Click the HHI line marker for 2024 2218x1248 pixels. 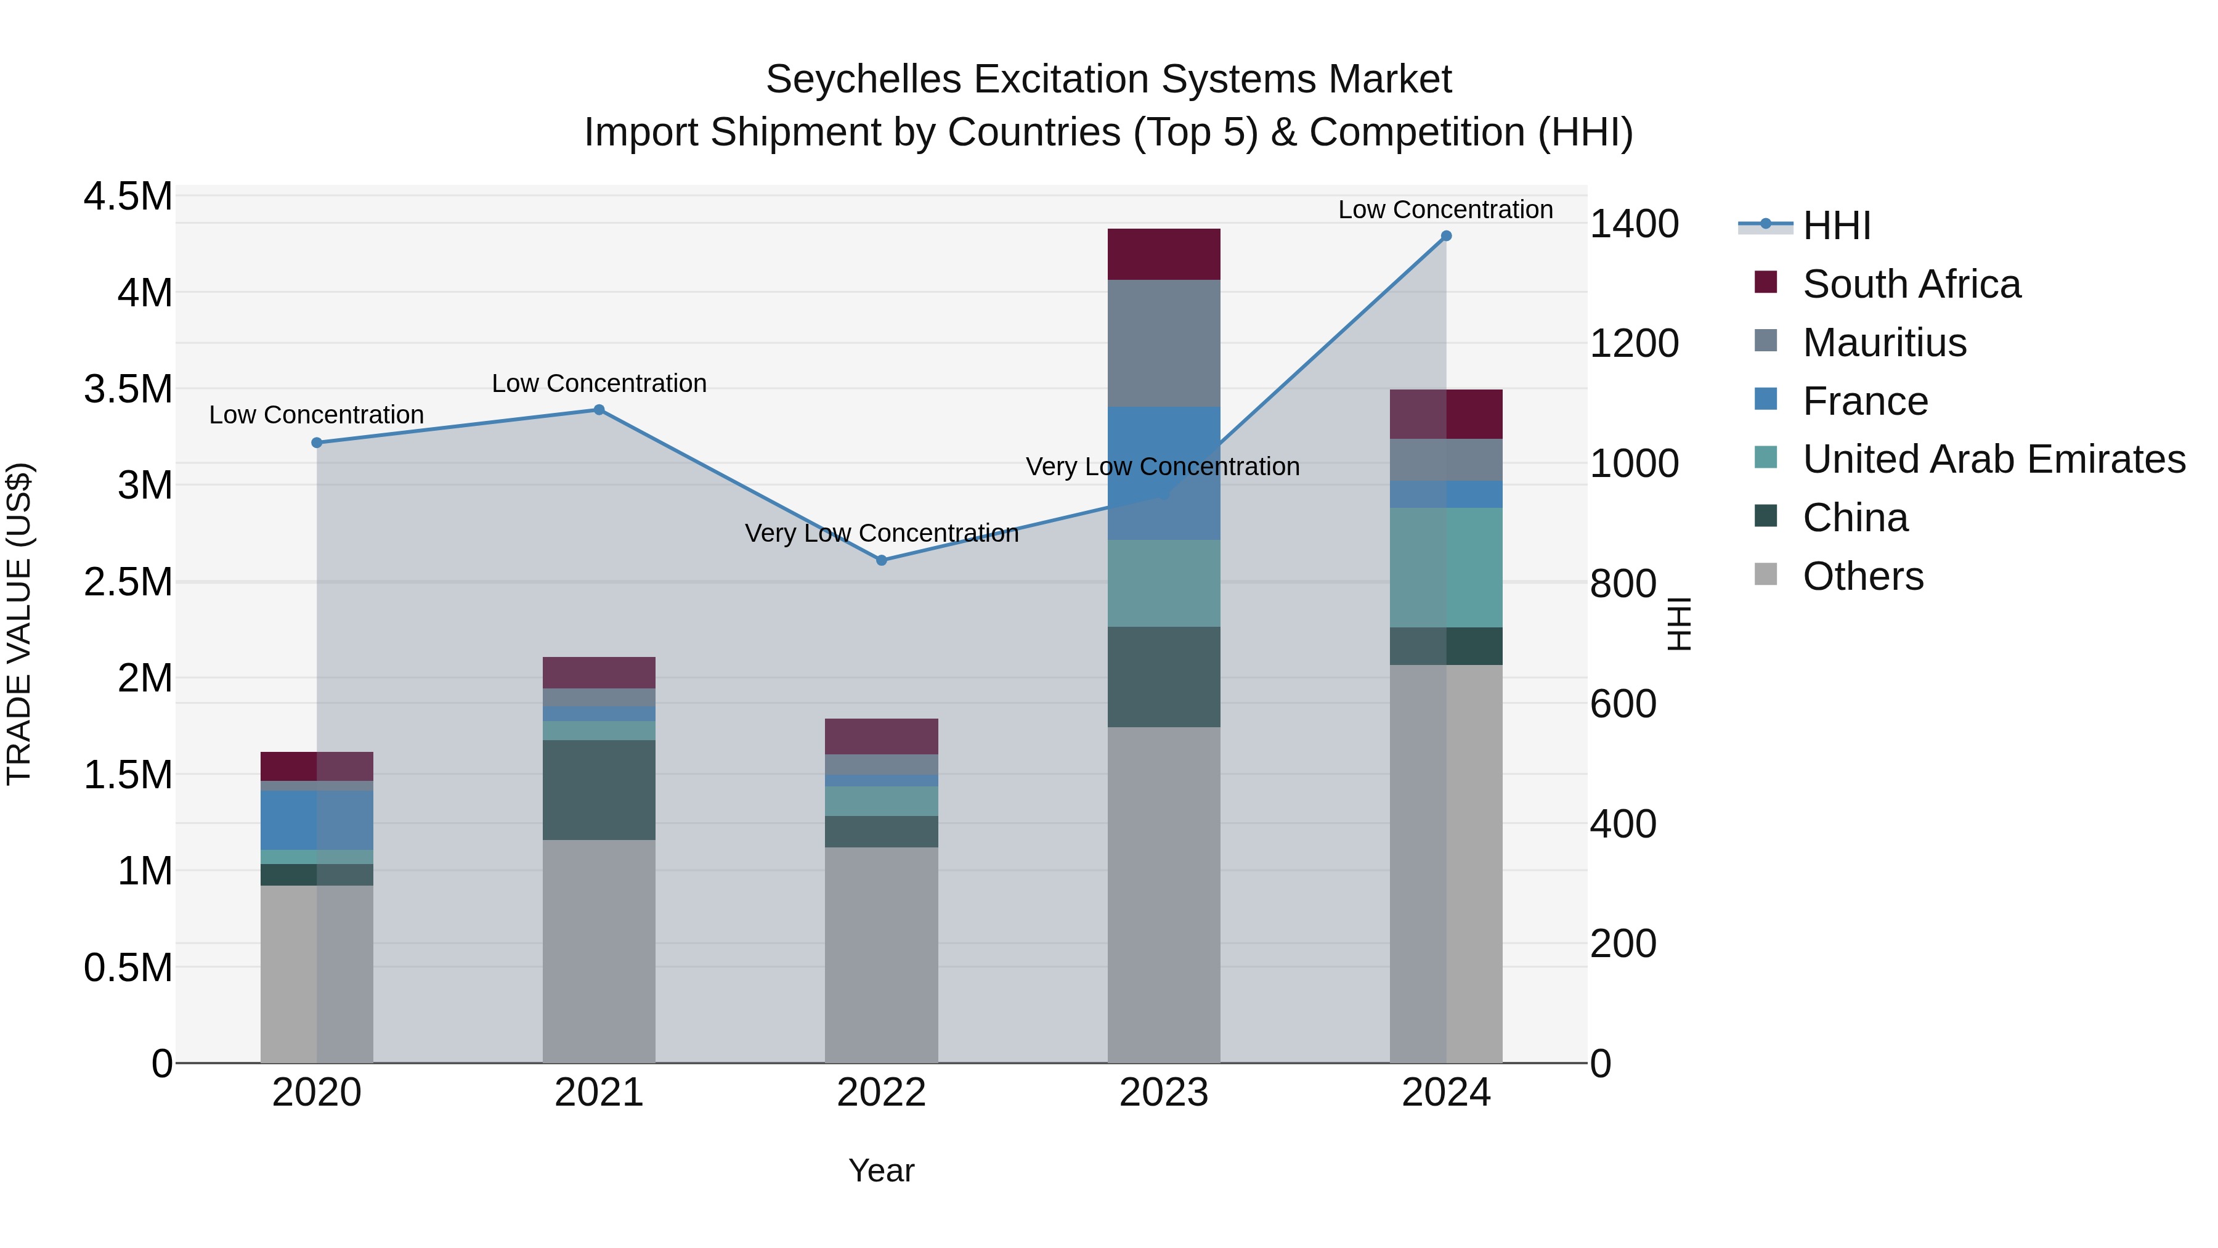tap(1445, 236)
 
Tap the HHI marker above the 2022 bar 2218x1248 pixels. tap(881, 561)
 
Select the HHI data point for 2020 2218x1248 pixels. tap(317, 443)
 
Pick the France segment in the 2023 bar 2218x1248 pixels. tap(1163, 473)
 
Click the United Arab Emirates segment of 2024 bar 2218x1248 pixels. tap(1445, 568)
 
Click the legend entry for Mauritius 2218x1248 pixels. tap(1884, 343)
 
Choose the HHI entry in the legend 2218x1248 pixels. tap(1836, 226)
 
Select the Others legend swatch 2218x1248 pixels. tap(1765, 574)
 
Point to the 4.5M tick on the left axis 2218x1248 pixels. tap(128, 197)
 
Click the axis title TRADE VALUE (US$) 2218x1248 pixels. tap(19, 624)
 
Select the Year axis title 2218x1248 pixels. tap(881, 1170)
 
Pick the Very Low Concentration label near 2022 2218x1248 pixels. tap(881, 533)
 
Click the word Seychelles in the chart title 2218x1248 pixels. tap(863, 80)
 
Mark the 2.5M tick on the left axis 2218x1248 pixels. tap(128, 582)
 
